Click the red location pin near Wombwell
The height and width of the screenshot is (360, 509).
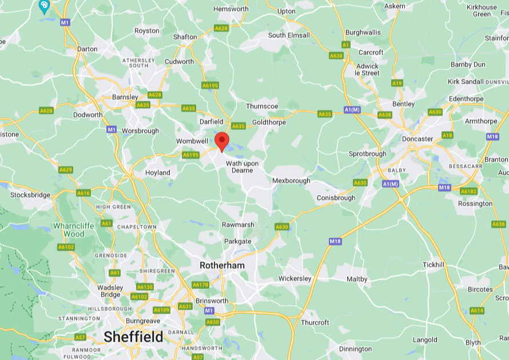(x=222, y=140)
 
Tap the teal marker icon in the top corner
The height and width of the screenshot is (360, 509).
(x=44, y=6)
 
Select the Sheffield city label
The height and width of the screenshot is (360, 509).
(x=133, y=337)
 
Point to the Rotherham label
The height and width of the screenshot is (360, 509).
(x=222, y=266)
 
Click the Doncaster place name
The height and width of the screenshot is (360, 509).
(x=417, y=139)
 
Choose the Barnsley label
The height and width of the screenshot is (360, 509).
(x=125, y=97)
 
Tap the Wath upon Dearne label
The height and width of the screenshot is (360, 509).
(x=242, y=167)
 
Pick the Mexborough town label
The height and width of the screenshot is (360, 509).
(x=291, y=180)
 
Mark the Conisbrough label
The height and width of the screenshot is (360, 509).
(x=336, y=198)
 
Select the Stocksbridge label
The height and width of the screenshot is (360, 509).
(x=30, y=195)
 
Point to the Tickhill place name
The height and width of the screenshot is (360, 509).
(x=434, y=265)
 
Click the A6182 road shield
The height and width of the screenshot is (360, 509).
(x=468, y=191)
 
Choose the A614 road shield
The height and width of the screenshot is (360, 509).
(x=477, y=310)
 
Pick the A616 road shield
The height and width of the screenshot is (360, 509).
(x=83, y=193)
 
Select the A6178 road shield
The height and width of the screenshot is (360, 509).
(x=201, y=284)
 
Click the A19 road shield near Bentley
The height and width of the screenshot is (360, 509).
(x=397, y=83)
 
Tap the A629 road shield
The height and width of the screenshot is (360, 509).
(x=66, y=170)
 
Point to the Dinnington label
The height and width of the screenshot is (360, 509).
(x=355, y=349)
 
